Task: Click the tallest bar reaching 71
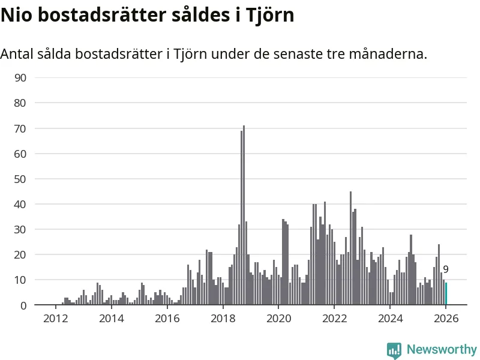[244, 215]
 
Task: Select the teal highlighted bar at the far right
[446, 294]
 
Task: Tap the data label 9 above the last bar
[446, 270]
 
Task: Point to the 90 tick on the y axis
[20, 77]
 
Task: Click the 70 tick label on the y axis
[20, 128]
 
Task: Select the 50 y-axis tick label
[20, 179]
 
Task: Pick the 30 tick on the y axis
[20, 229]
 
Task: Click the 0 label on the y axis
[23, 305]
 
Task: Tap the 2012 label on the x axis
[55, 318]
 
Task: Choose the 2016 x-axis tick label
[167, 318]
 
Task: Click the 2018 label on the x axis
[223, 318]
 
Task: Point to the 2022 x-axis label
[334, 318]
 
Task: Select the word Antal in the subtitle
[17, 54]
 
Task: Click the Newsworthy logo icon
[394, 350]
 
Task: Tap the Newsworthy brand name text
[442, 349]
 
